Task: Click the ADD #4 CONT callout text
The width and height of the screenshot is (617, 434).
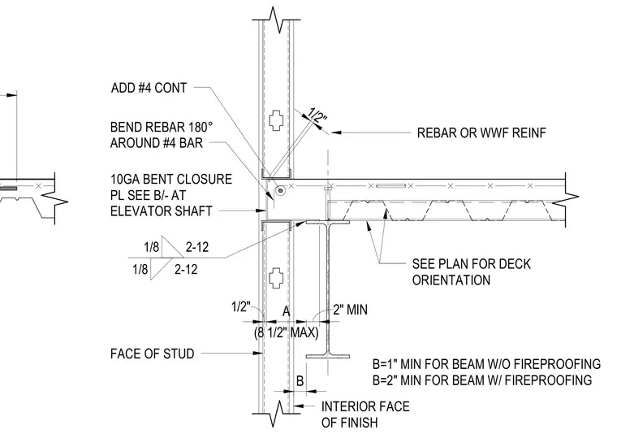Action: pos(149,88)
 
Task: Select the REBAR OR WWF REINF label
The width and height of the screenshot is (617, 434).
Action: pos(481,133)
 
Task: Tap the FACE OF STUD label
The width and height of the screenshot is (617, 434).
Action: pos(153,354)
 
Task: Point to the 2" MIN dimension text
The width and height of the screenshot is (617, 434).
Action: pos(350,310)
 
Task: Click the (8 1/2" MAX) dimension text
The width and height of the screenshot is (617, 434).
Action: pos(286,332)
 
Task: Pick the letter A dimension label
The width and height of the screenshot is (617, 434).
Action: pos(286,311)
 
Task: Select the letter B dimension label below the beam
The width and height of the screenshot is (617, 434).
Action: pos(300,381)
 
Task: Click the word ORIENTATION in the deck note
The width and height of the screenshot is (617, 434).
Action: pos(451,280)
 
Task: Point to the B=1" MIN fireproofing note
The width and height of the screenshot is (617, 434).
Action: pos(486,364)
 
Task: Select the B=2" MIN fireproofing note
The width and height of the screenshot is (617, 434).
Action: pos(482,380)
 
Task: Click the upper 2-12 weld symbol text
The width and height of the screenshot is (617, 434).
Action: pos(197,247)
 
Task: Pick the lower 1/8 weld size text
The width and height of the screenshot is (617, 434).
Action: pos(140,269)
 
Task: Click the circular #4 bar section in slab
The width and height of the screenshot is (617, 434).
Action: pos(280,191)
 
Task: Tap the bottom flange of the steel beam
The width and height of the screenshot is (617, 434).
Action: pos(328,357)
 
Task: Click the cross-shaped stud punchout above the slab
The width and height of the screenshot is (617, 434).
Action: pos(277,120)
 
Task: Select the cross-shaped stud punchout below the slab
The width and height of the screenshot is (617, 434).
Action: pos(277,278)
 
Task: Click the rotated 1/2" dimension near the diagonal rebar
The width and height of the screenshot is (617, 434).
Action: pos(317,115)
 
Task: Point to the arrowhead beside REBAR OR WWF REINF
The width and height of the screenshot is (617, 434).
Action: pos(335,132)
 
